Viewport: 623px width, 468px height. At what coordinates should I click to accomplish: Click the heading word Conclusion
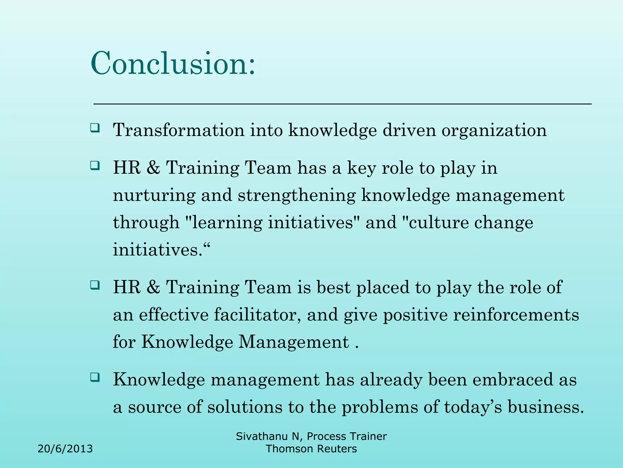coord(173,63)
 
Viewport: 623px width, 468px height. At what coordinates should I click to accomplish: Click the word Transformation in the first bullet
coord(179,130)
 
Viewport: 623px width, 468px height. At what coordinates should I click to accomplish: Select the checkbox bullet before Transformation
coord(95,127)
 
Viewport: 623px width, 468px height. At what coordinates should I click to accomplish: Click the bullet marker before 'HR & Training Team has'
coord(95,166)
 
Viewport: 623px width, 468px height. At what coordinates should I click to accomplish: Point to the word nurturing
coord(154,196)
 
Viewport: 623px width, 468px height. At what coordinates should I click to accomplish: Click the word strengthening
coord(297,196)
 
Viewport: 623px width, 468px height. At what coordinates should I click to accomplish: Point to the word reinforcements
coord(516,314)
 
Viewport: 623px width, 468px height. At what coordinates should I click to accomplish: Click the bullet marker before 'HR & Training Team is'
coord(95,285)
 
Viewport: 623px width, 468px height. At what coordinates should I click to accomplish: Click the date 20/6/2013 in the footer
coord(65,449)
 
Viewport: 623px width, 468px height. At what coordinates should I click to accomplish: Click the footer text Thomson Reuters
coord(311,449)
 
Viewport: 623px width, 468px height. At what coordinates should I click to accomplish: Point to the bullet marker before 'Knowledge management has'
coord(95,378)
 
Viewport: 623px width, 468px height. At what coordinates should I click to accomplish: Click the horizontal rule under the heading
coord(342,104)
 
